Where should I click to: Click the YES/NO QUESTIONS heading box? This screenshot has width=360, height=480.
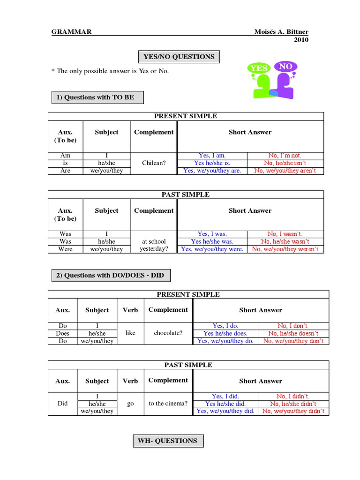179,57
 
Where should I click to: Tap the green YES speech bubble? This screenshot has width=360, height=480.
259,68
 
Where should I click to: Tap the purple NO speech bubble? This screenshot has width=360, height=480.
285,67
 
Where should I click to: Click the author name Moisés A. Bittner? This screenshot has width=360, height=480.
281,31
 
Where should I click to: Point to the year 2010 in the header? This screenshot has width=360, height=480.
301,40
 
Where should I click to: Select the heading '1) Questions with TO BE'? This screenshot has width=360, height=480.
97,97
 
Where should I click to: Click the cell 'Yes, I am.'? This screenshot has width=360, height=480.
212,155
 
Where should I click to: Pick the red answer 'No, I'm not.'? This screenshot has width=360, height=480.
285,155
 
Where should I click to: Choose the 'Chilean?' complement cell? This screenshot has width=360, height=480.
153,163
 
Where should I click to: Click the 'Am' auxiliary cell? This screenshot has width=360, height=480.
66,155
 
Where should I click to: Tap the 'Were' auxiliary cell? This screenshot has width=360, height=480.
66,249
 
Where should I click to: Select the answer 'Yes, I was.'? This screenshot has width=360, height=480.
212,233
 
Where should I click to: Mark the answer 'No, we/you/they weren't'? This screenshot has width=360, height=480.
285,249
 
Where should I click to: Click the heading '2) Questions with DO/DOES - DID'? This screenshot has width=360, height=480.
110,275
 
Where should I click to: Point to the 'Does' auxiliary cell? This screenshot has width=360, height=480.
62,333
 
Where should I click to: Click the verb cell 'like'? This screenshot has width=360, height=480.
130,333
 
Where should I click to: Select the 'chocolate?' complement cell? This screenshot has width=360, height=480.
168,333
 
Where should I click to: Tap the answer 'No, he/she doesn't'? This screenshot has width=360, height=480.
293,333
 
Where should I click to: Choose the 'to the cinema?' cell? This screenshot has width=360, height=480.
168,404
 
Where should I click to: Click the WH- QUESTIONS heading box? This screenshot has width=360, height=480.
167,441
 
